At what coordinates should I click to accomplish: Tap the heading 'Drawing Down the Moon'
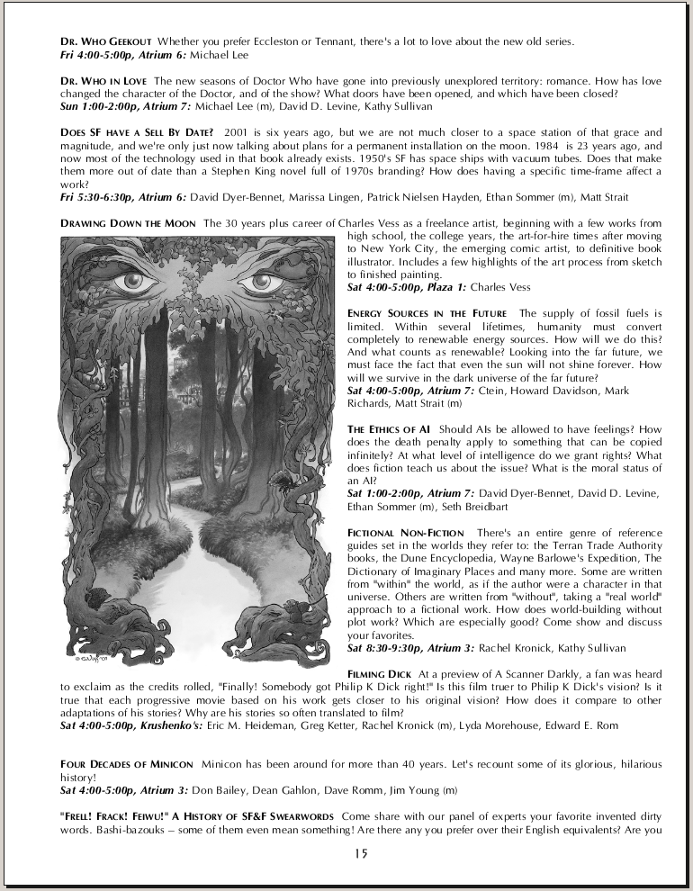pos(128,223)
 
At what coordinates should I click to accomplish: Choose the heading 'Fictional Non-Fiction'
pos(406,534)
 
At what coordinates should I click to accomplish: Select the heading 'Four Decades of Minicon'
pos(126,764)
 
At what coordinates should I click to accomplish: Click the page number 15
pos(361,853)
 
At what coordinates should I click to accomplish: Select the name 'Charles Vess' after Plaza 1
pos(500,287)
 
